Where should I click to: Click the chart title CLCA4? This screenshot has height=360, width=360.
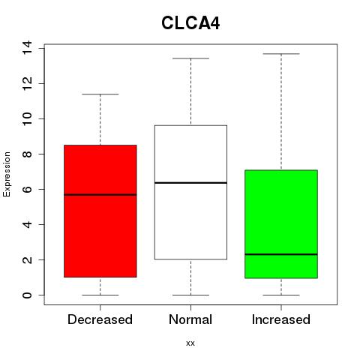pos(190,23)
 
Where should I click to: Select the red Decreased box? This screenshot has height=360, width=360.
pos(100,211)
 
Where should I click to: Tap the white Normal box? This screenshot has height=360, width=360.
pos(190,192)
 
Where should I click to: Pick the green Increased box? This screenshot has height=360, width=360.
pos(281,224)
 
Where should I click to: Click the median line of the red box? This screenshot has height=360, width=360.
pos(100,195)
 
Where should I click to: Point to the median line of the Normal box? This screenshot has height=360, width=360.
pos(190,183)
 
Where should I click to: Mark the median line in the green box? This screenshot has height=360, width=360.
pos(281,254)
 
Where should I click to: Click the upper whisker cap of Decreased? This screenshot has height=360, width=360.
pos(100,94)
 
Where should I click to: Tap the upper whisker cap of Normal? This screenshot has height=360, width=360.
pos(190,58)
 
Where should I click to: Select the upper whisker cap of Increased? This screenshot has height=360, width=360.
pos(281,54)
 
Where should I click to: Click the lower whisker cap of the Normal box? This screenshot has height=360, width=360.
pos(190,295)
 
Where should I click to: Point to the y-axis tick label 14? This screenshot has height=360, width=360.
pos(27,47)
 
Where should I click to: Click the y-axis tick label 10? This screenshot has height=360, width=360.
pos(27,118)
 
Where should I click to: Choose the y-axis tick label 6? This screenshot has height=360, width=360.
pos(27,189)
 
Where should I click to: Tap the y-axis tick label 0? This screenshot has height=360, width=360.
pos(27,295)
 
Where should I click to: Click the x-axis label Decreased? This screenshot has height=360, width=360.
pos(100,319)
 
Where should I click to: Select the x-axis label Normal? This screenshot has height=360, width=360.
pos(190,319)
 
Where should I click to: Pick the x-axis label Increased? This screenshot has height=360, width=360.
pos(281,319)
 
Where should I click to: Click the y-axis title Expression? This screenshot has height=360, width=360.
pos(7,174)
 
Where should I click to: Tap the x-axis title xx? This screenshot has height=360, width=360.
pos(190,343)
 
